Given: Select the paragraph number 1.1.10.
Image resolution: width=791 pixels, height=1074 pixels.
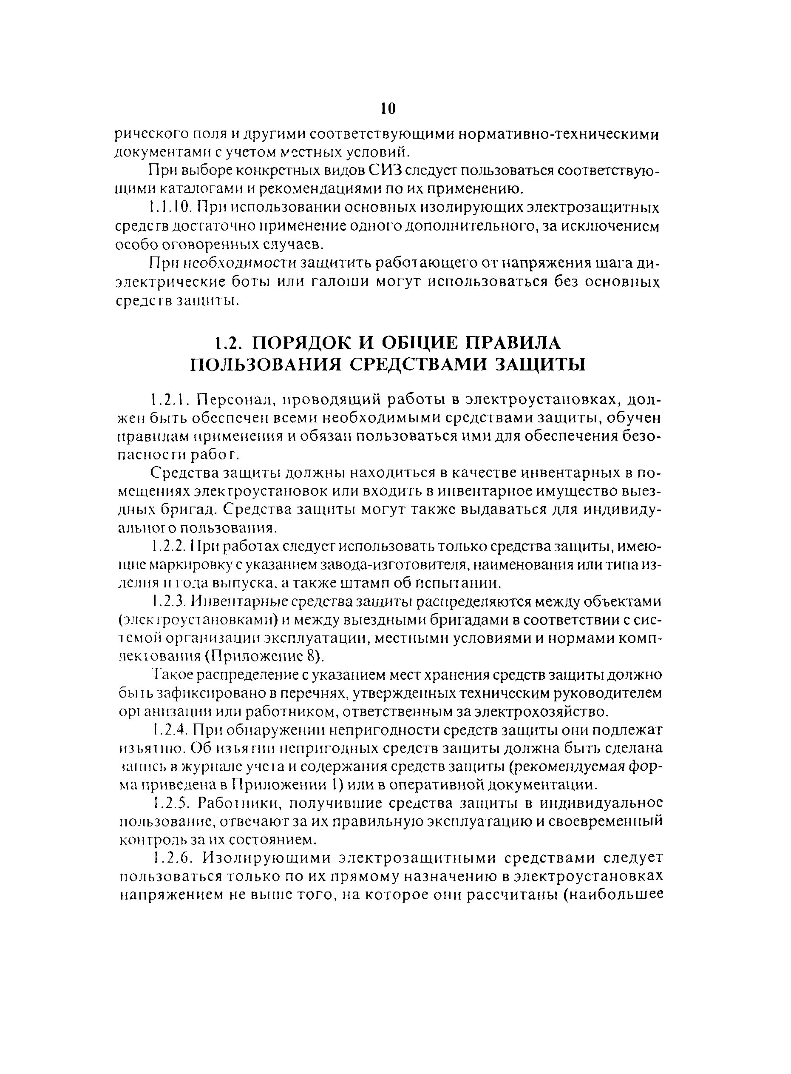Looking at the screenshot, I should click(x=170, y=208).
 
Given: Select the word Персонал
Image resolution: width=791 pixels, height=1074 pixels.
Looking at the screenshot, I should click(x=228, y=399).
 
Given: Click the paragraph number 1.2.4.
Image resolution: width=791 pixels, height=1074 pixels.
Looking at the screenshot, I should click(x=170, y=730).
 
